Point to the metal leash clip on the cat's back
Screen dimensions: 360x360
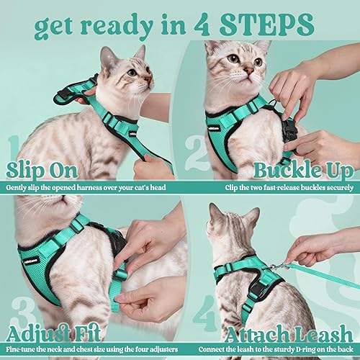pos(272,267)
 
